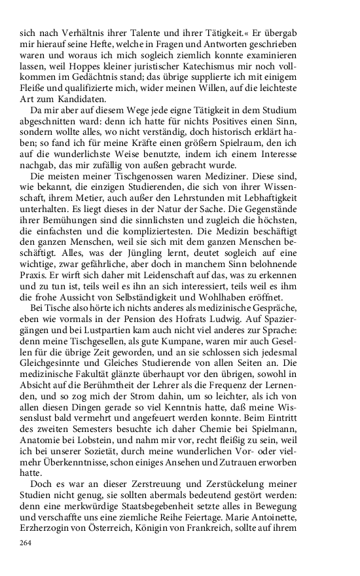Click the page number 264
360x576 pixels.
point(26,543)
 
